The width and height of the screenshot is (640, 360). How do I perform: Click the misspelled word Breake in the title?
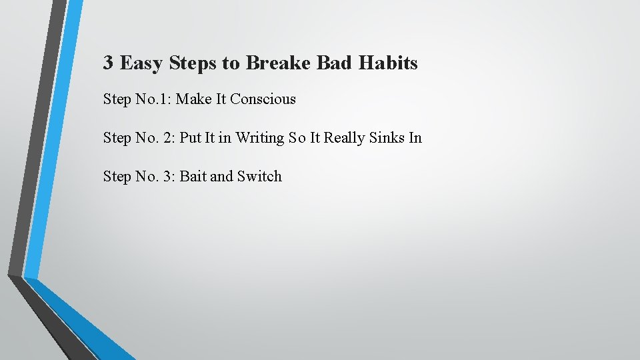[278, 63]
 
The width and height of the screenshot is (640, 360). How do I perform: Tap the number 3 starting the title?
[108, 63]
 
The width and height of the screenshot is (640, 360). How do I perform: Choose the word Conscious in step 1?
[263, 99]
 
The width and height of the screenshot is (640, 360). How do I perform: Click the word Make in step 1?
[193, 99]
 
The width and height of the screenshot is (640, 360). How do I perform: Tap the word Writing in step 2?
[260, 138]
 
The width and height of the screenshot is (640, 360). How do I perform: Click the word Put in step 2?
[191, 138]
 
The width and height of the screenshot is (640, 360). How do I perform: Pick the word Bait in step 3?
[193, 177]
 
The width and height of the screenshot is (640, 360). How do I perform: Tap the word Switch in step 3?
[259, 177]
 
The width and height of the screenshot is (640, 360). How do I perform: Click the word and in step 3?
[221, 177]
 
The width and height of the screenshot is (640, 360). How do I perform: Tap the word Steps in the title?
[194, 63]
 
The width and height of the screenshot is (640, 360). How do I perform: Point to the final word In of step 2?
[415, 138]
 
